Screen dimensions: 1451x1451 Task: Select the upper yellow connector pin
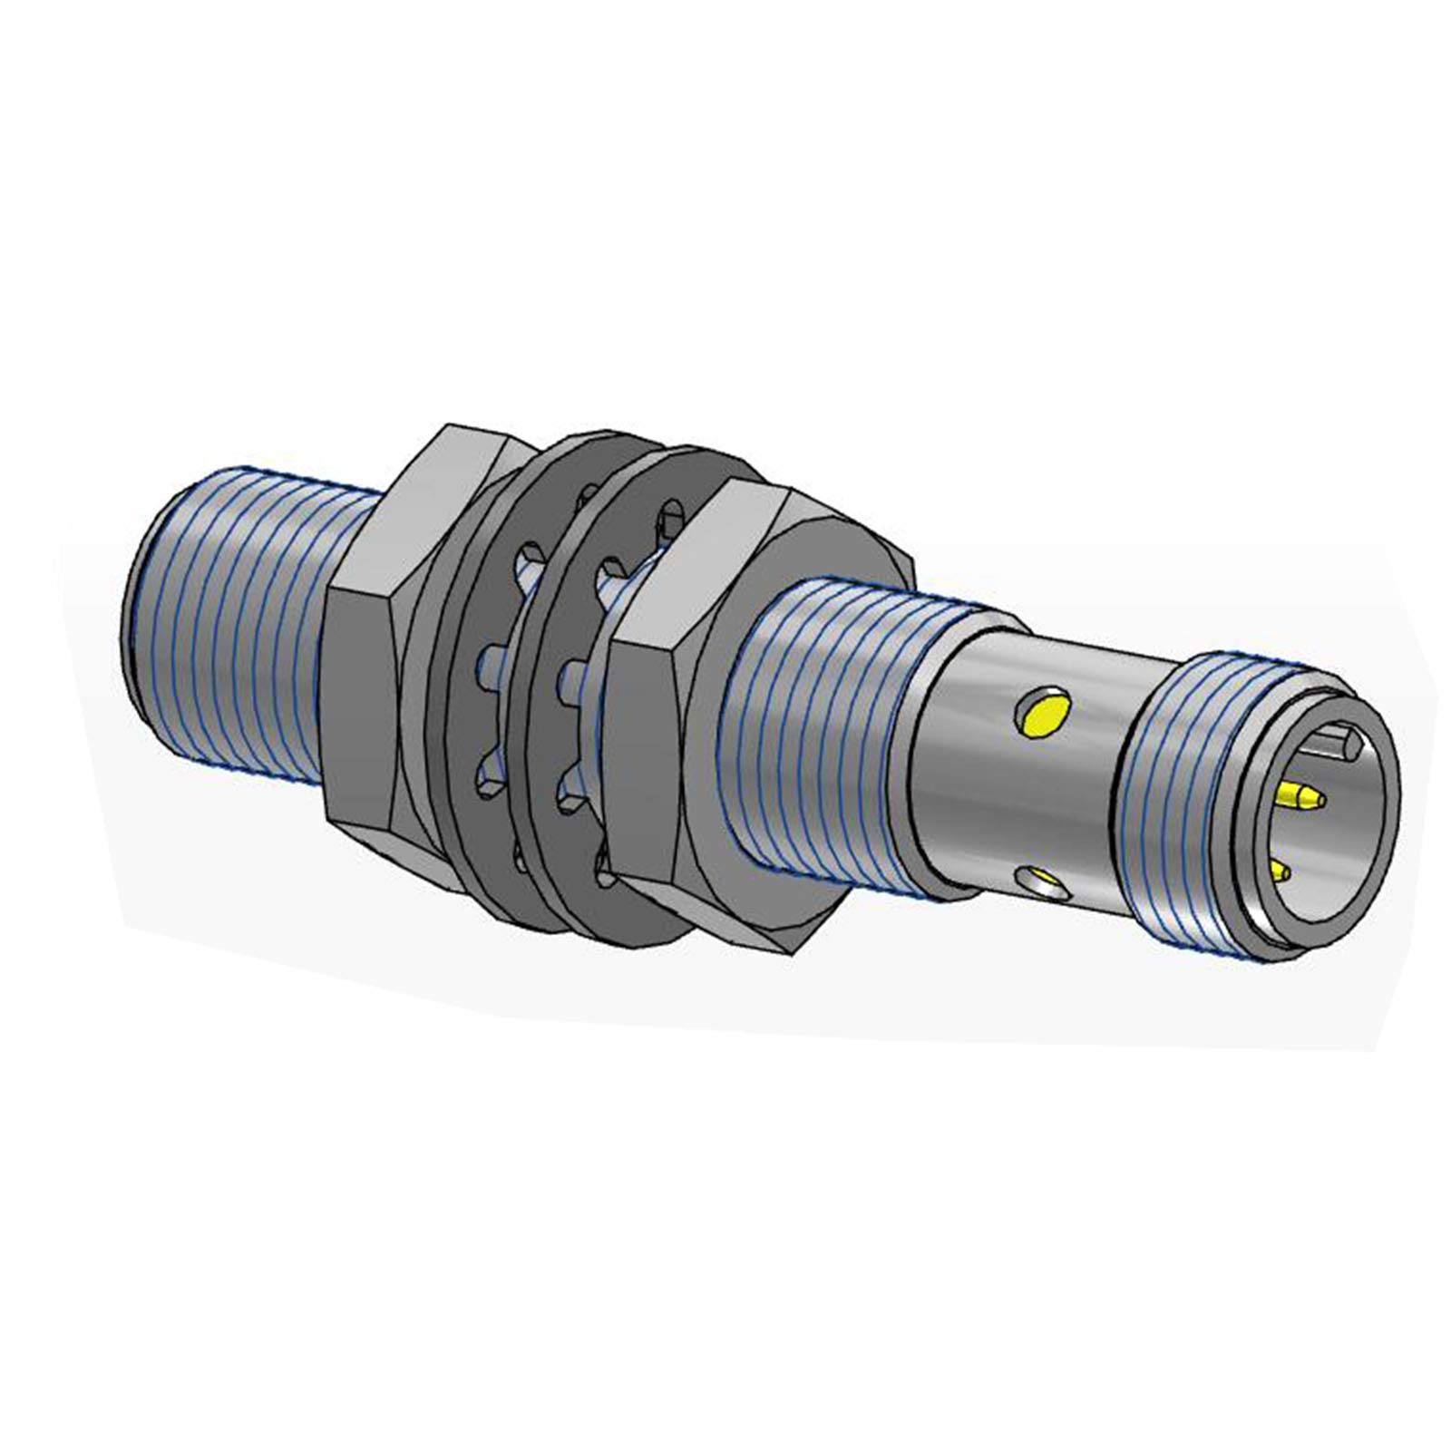click(x=1299, y=797)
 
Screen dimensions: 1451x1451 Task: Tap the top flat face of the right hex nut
click(x=725, y=544)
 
